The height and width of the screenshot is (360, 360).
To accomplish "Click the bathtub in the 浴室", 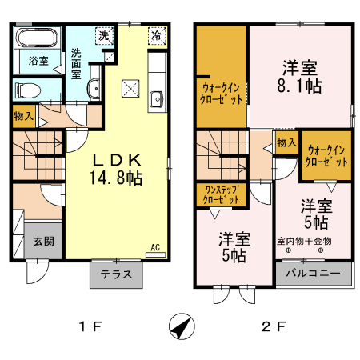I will pos(38,39).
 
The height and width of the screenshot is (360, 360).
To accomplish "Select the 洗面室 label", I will pos(76,63).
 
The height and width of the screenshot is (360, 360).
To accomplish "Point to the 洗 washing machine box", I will pos(103,36).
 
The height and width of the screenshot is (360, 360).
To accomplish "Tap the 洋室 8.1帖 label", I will pos(302,75).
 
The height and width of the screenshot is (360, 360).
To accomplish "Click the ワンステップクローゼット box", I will pos(221,194).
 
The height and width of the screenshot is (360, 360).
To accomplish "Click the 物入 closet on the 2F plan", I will pos(286,142).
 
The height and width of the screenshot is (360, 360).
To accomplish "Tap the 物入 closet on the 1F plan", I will pos(23,117).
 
